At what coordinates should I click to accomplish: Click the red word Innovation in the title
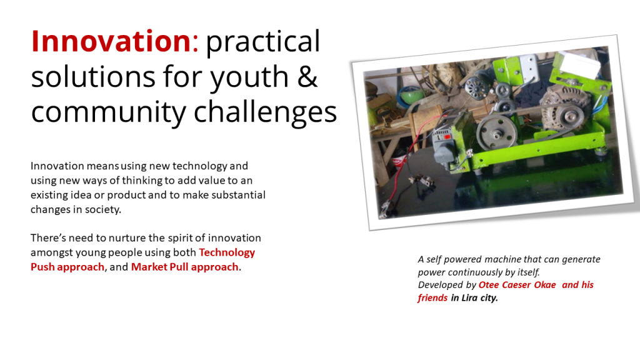[x=111, y=41]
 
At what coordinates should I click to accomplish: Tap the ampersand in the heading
[x=307, y=76]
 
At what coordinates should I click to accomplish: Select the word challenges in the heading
[x=265, y=112]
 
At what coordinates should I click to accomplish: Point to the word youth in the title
[x=249, y=77]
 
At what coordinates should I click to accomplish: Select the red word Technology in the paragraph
[x=227, y=252]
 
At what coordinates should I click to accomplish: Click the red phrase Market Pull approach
[x=184, y=267]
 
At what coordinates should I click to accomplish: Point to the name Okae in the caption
[x=545, y=285]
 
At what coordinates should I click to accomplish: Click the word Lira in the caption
[x=469, y=297]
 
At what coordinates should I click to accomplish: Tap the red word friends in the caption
[x=432, y=297]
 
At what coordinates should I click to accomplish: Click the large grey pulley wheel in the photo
[x=495, y=131]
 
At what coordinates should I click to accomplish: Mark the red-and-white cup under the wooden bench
[x=399, y=161]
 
